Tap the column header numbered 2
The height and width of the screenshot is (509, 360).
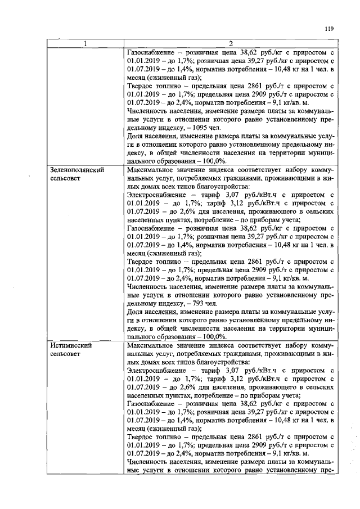230,44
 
